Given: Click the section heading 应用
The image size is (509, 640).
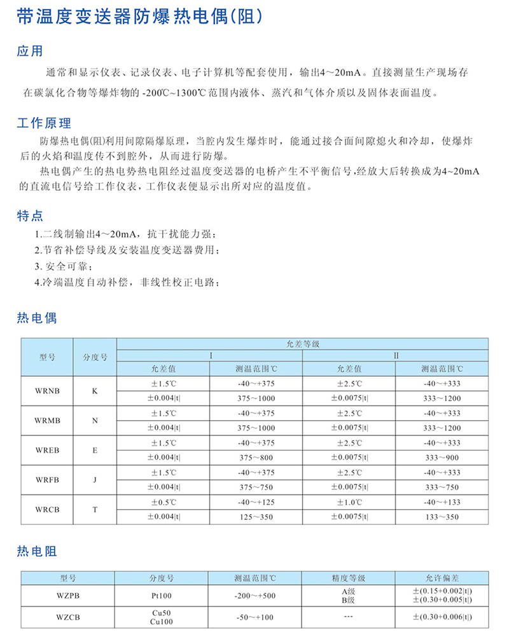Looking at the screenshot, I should tap(30, 51).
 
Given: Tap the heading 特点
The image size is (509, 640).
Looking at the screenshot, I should tap(30, 216).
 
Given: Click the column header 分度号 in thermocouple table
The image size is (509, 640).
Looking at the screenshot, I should tap(95, 357).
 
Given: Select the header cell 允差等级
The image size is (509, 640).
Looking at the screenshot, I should tap(303, 343).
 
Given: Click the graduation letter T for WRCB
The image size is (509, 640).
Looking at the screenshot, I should tap(95, 510).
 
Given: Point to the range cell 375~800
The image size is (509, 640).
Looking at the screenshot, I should tap(256, 457).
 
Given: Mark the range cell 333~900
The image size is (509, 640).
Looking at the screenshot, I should tap(442, 457).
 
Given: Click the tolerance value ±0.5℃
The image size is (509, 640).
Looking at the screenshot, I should tap(164, 503).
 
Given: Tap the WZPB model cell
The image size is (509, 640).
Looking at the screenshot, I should tap(67, 596).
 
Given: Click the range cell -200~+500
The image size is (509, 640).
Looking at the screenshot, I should tap(256, 596).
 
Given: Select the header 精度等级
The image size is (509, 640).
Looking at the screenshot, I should tap(349, 578).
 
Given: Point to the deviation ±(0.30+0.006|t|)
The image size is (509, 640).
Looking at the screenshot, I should tap(442, 616).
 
